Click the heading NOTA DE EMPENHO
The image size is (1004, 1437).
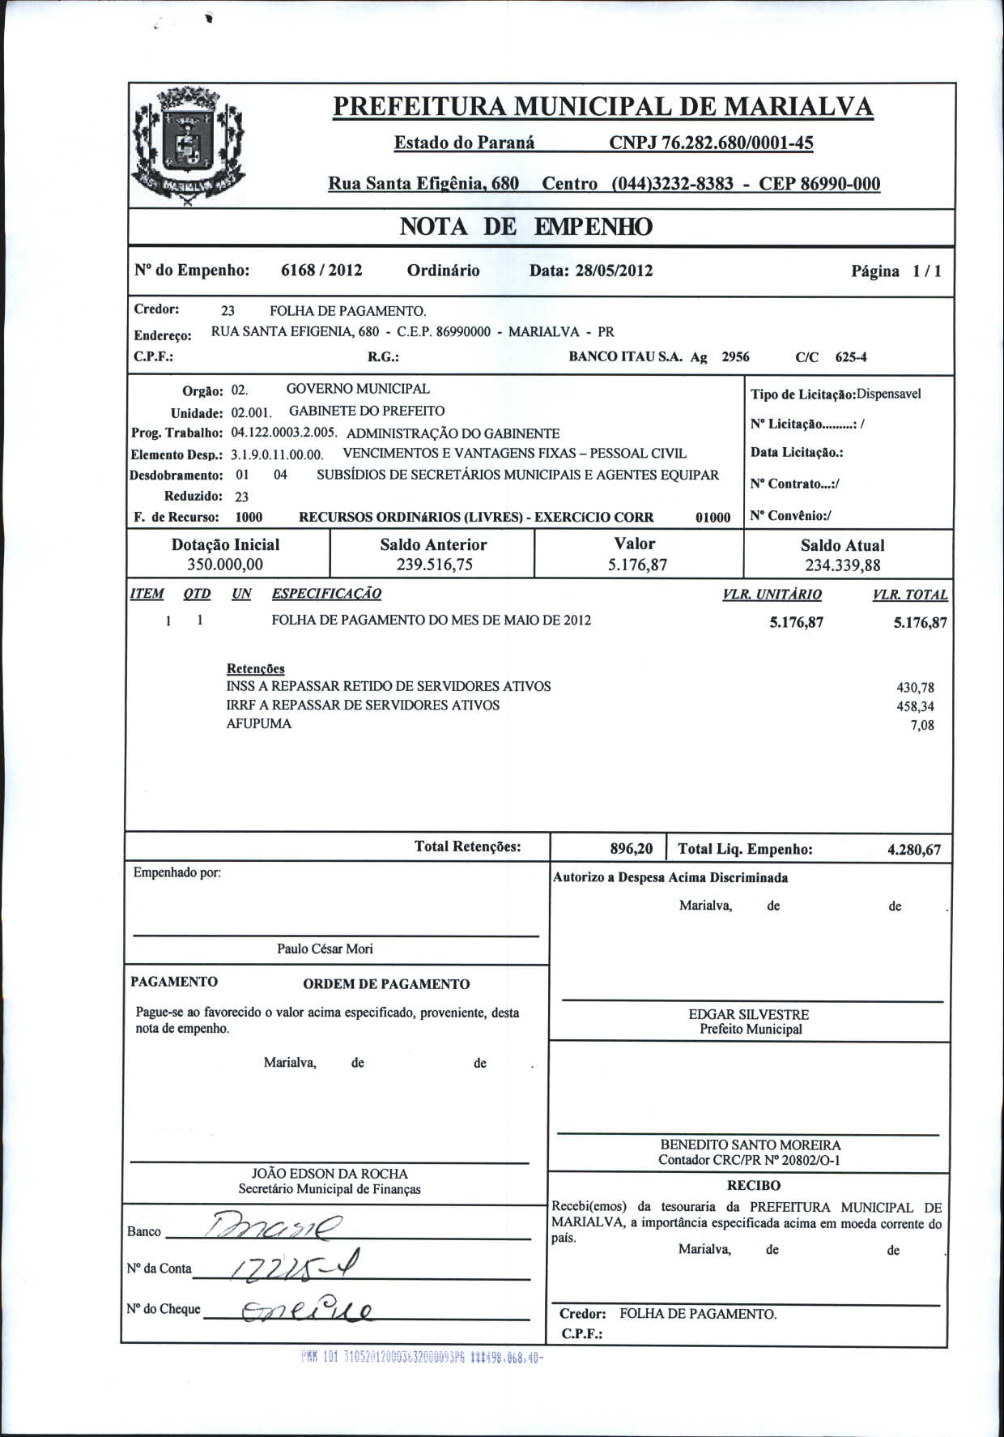[525, 227]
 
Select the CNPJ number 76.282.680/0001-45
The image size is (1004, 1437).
[711, 143]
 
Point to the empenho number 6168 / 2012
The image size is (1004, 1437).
[321, 271]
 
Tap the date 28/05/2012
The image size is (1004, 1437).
[614, 271]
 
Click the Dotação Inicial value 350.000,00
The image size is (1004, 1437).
[225, 565]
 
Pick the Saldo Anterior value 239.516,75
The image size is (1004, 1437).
[434, 565]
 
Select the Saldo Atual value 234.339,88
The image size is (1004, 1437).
[842, 565]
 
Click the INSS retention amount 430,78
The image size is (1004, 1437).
[915, 688]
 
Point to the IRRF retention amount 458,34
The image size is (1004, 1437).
[915, 706]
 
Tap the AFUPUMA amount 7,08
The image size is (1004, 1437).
[922, 725]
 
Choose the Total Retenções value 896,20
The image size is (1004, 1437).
[632, 849]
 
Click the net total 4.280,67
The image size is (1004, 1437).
[914, 850]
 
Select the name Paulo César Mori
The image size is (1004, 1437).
[325, 949]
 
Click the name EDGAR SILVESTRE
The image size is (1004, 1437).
[749, 1014]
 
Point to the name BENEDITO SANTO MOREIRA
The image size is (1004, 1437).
[751, 1145]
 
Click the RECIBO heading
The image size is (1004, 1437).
[754, 1185]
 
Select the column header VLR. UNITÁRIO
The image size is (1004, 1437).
[772, 595]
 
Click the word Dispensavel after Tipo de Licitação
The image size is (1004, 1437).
[889, 394]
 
